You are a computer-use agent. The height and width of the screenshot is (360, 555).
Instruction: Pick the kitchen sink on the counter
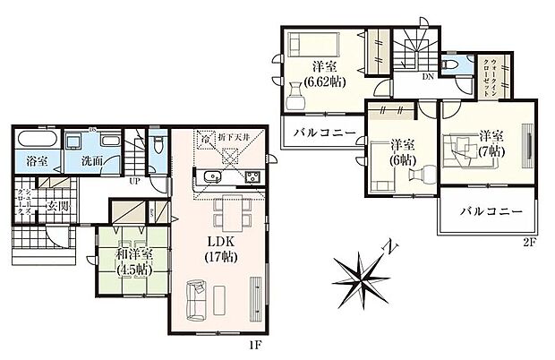pos(212,175)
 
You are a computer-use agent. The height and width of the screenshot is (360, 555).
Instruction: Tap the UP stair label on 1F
pos(135,179)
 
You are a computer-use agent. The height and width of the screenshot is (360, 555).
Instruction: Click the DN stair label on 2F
pos(429,76)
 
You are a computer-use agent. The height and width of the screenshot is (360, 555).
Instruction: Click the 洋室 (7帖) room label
pos(489,141)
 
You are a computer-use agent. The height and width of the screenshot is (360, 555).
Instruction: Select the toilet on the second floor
pos(451,65)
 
